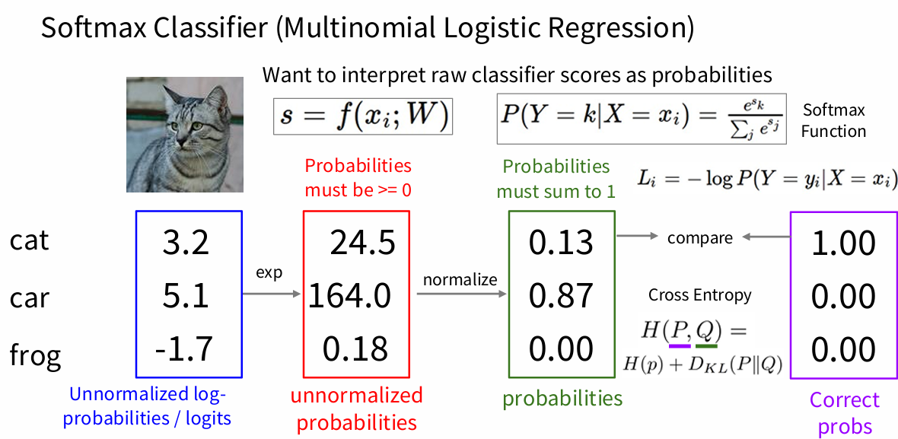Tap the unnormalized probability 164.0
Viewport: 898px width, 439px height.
point(350,296)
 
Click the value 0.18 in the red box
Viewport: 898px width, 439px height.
point(355,348)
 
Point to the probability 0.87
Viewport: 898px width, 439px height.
point(562,296)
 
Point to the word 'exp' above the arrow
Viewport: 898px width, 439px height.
point(269,273)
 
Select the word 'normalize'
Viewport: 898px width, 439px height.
point(460,280)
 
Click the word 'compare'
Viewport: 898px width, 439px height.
point(700,238)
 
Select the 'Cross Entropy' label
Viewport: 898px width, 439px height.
point(699,295)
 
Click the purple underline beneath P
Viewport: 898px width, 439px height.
point(680,345)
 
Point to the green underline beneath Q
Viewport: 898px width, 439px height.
point(707,345)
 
